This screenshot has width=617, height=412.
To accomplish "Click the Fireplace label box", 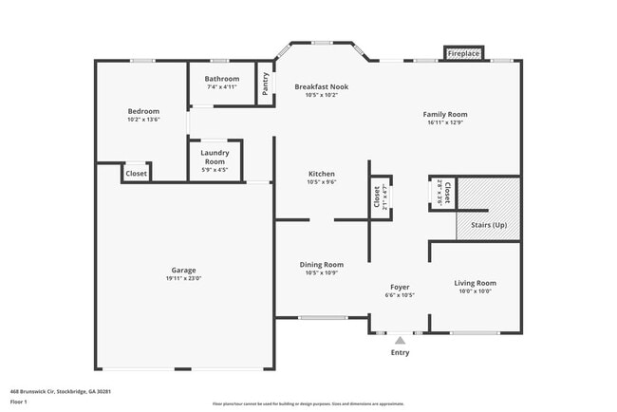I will click(464, 54).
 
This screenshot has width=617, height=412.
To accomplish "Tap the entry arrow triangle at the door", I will click(400, 339).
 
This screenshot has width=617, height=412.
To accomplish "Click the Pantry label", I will click(266, 84).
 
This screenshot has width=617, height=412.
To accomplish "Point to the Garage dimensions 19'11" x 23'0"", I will click(185, 278).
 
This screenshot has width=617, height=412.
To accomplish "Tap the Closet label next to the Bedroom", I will click(137, 174).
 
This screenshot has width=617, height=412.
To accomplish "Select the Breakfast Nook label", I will click(321, 86).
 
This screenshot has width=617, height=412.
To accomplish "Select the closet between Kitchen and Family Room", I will click(379, 197).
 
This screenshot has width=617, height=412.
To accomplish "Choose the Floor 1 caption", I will click(20, 402).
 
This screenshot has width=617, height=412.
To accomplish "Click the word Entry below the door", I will click(400, 353).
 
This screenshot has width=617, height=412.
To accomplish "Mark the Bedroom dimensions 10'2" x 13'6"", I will click(143, 120).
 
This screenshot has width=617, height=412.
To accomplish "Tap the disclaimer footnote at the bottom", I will click(308, 403).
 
